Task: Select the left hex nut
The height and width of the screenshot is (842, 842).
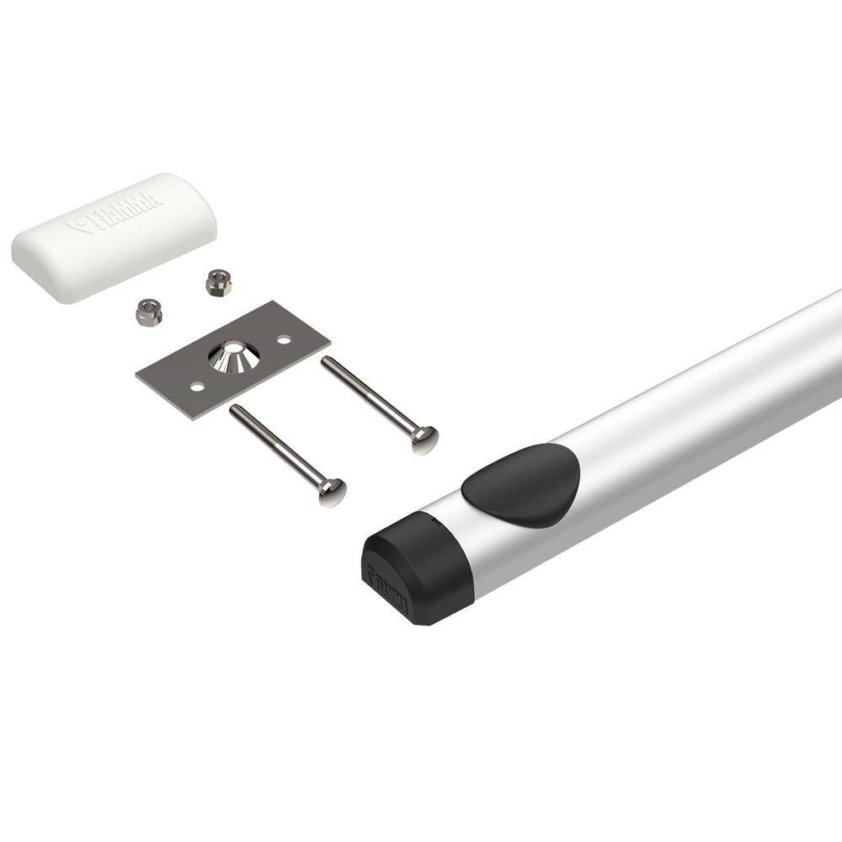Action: point(148,313)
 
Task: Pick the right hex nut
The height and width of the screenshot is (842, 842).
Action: point(218,282)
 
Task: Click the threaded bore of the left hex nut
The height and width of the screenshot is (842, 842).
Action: point(148,309)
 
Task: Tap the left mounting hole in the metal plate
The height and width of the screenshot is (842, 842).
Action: point(196,386)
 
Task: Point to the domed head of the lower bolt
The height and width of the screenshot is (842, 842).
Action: point(333,491)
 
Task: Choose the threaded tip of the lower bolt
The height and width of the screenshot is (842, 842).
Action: point(235,410)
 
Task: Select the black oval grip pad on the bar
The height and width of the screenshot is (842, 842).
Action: point(522,484)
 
